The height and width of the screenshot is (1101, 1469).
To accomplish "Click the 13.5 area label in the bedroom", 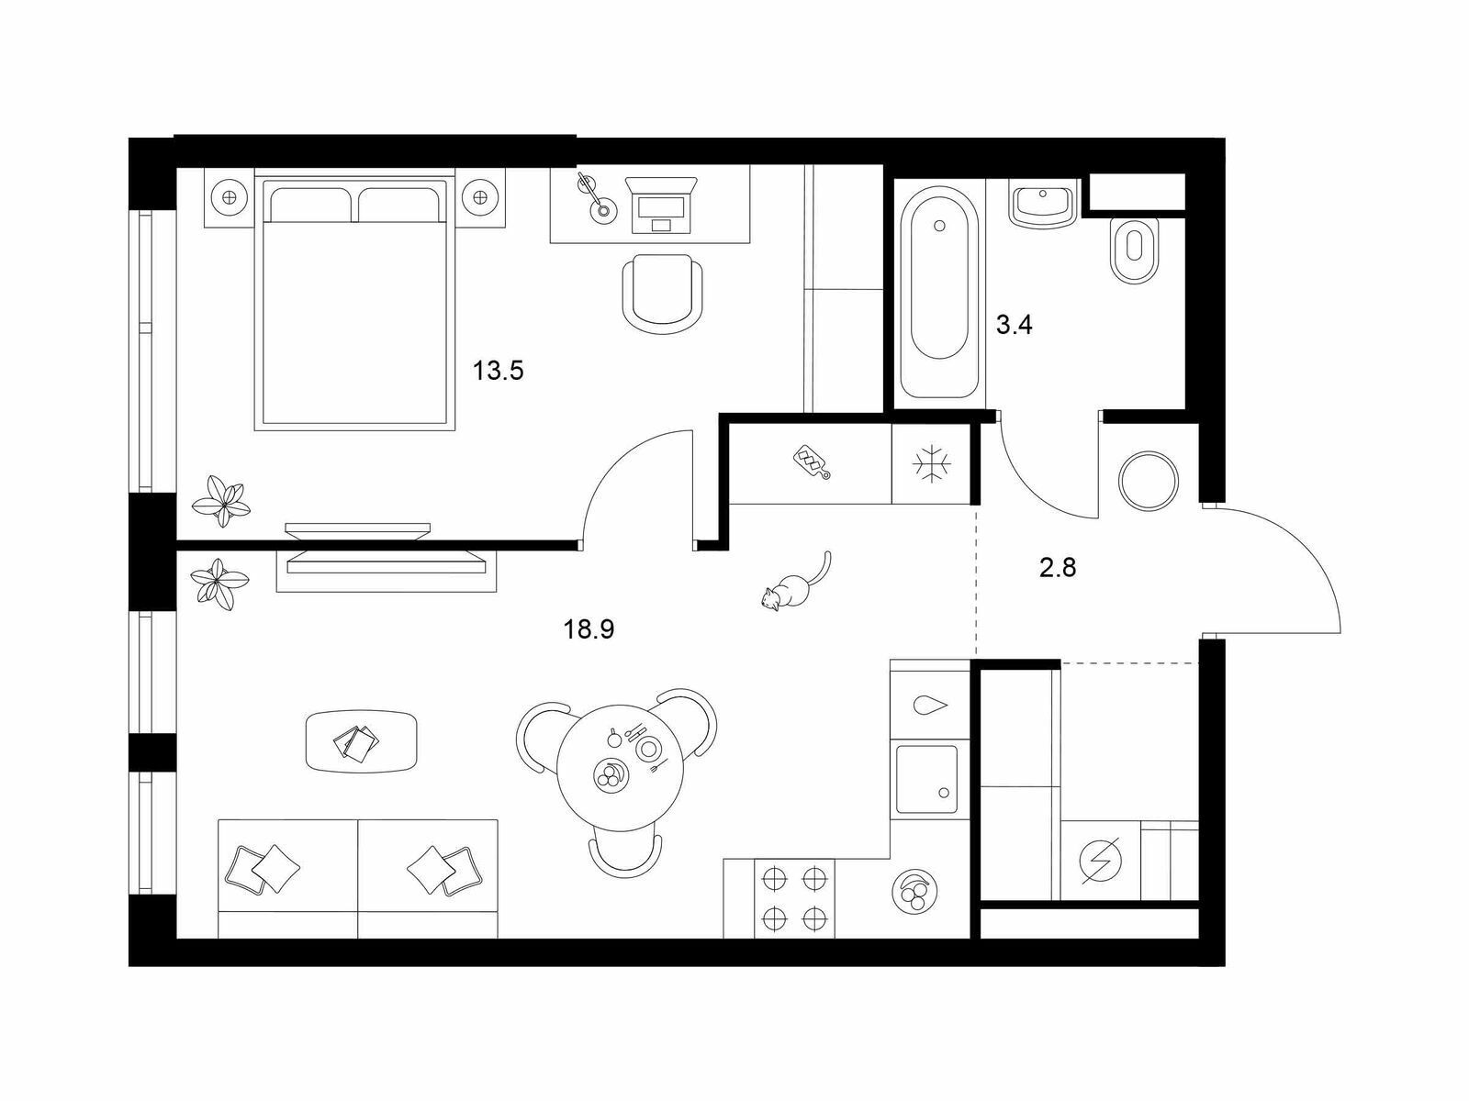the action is [498, 370].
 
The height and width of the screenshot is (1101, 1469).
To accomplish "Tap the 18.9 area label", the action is [589, 629].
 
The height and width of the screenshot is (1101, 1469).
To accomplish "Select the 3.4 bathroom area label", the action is [1014, 326].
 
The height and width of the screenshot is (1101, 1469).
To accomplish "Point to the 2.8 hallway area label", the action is [1058, 568].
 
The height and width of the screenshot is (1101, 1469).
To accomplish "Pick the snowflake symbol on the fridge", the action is [932, 463].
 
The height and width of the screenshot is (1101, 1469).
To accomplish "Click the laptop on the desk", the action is [660, 204].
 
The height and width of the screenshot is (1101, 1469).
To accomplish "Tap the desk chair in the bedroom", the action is [663, 295].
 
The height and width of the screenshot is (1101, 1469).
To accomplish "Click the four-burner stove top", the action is [794, 898].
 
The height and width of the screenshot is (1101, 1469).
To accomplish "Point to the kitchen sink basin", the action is [927, 780].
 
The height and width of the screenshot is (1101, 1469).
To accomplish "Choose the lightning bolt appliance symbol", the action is [1102, 861].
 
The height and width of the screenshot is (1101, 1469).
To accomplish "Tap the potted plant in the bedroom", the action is [221, 501].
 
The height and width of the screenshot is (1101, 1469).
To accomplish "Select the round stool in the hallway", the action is [1149, 482].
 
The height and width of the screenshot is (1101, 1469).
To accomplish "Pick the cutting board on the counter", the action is [813, 462].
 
